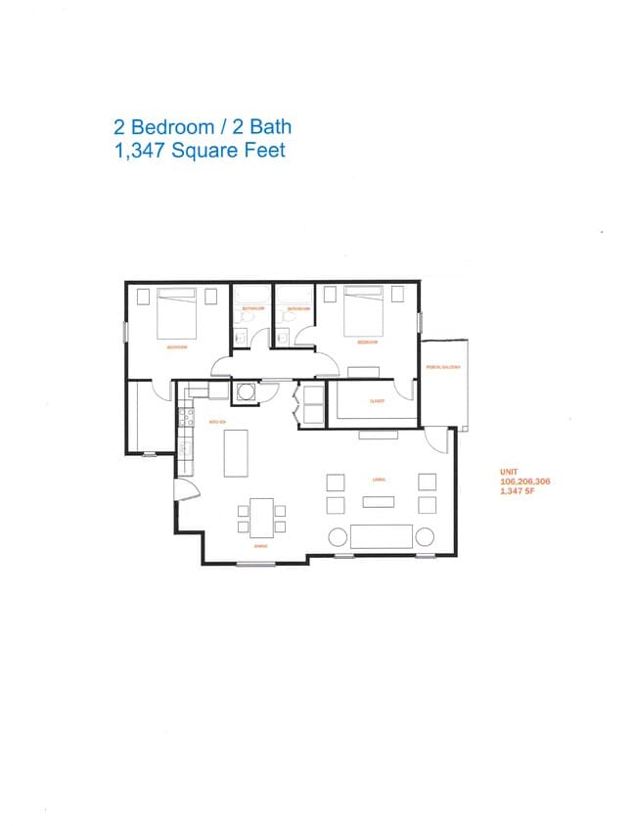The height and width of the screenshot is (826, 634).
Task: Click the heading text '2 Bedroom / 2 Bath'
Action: click(x=203, y=126)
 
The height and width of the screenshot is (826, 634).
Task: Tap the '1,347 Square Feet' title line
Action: click(x=200, y=151)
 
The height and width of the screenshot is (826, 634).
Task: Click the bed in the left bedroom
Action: click(x=177, y=310)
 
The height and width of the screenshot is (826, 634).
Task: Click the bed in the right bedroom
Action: click(x=363, y=310)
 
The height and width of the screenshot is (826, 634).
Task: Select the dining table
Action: click(x=261, y=517)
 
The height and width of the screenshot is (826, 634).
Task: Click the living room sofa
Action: click(x=382, y=535)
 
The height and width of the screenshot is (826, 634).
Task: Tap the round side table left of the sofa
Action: click(x=337, y=536)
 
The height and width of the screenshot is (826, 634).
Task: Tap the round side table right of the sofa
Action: click(x=427, y=536)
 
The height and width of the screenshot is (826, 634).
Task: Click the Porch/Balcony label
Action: click(x=443, y=368)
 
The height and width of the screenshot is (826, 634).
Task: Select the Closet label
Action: click(x=377, y=401)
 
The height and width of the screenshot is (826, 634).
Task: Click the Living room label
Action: click(x=377, y=480)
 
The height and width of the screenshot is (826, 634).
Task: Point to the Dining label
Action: click(x=261, y=546)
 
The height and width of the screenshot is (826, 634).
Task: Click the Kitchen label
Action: click(x=217, y=422)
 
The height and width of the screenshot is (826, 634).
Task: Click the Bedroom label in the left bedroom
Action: click(x=177, y=346)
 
